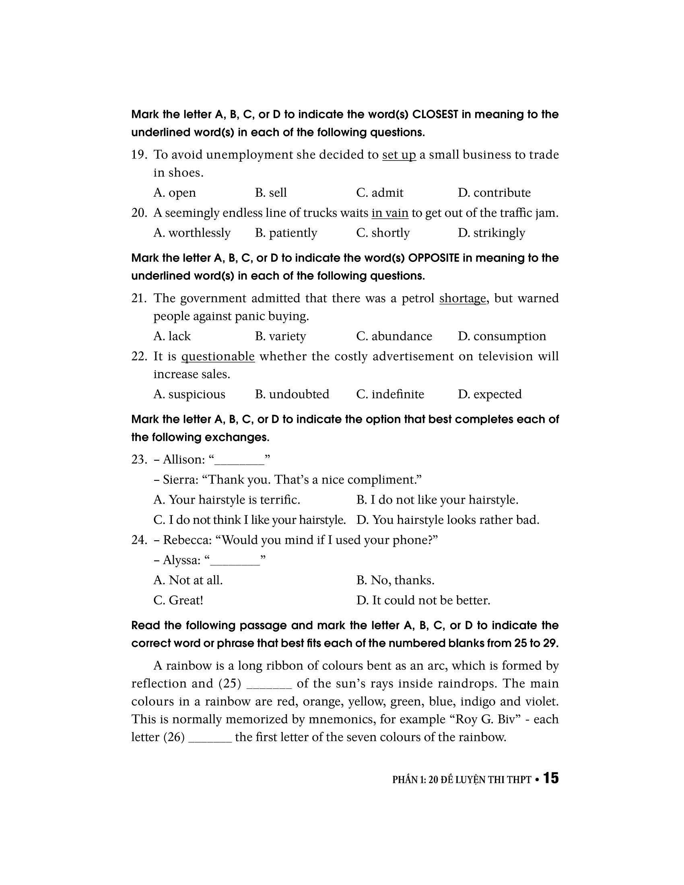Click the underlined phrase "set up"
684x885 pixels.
399,155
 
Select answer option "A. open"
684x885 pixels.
174,192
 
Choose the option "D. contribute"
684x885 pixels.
494,192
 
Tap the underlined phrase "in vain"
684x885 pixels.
389,213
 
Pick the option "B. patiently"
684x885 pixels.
286,233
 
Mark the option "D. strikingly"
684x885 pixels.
491,233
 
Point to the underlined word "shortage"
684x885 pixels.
462,298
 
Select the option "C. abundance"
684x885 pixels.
394,336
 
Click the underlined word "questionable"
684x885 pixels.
218,356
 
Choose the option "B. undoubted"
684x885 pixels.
292,394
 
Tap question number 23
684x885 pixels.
138,459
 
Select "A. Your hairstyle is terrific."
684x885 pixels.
227,500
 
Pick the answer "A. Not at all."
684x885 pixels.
188,580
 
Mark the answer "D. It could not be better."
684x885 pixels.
423,600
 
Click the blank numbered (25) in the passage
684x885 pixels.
269,683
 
